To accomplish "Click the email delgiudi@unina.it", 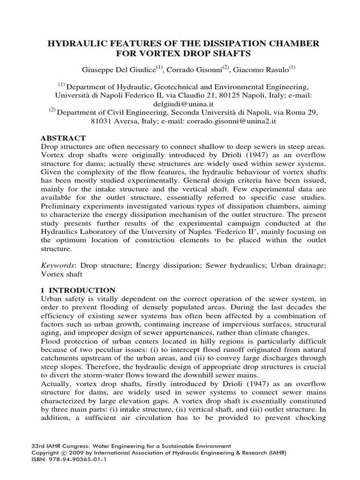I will tap(180, 103).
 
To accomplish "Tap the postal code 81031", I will tap(101, 121).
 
